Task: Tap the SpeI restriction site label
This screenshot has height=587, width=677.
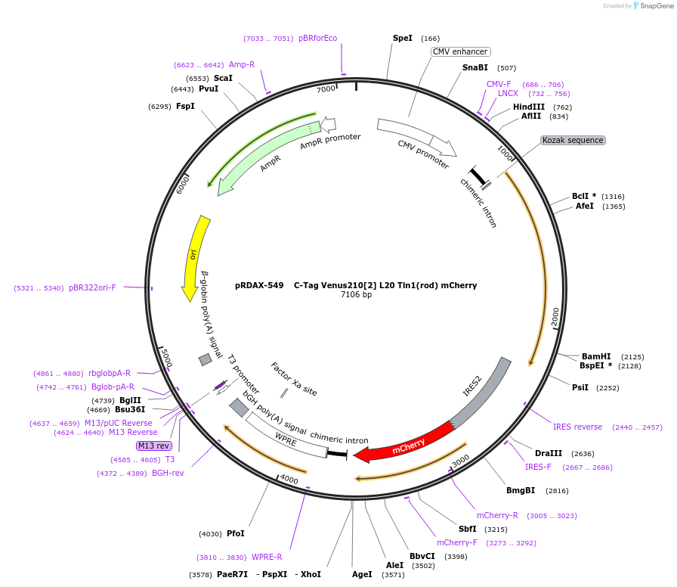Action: [x=403, y=38]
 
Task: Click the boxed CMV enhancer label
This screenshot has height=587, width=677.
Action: [x=460, y=52]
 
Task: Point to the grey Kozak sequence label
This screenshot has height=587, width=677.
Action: [x=573, y=140]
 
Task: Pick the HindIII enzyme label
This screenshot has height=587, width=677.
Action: [x=529, y=107]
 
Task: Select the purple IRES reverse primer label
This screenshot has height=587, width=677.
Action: [x=577, y=427]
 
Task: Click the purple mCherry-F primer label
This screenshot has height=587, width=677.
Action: [x=456, y=542]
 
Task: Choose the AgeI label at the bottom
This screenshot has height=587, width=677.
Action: [x=362, y=574]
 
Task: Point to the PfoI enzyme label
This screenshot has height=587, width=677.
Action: [x=236, y=533]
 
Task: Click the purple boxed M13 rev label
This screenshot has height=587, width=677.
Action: [x=153, y=446]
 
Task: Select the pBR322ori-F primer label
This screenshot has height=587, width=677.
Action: [x=92, y=287]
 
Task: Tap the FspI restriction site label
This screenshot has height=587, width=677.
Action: [x=185, y=106]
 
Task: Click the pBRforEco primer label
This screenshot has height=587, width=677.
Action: [x=317, y=38]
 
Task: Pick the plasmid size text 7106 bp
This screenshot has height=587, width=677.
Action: [x=356, y=295]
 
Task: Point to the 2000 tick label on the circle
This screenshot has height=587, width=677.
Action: [x=555, y=316]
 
